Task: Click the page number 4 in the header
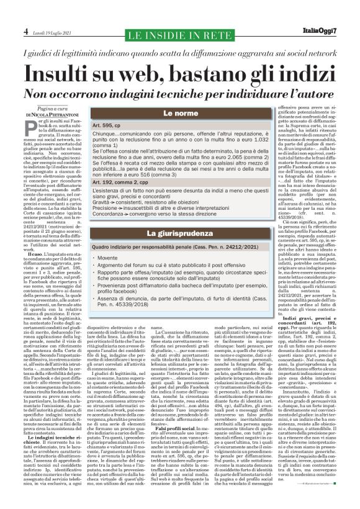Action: point(25,30)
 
